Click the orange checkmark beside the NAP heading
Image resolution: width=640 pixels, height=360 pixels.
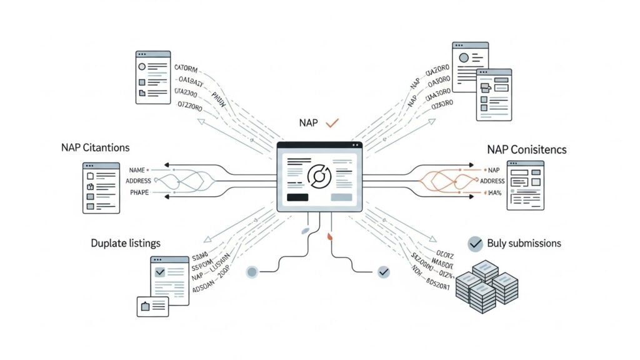tap(332, 122)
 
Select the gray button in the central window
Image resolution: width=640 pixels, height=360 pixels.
tap(341, 197)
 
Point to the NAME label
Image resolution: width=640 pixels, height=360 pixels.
tap(136, 170)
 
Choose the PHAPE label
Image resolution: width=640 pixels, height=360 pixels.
tap(139, 192)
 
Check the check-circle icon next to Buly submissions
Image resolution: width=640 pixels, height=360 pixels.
tap(476, 243)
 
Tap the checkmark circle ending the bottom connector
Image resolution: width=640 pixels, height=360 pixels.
tap(384, 272)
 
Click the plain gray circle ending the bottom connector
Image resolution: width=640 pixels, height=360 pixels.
tap(252, 272)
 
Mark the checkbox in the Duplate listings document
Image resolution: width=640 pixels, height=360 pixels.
tap(159, 272)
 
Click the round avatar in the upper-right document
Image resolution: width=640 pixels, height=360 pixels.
tap(464, 57)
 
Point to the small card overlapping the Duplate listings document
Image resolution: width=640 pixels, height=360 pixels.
tap(153, 306)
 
